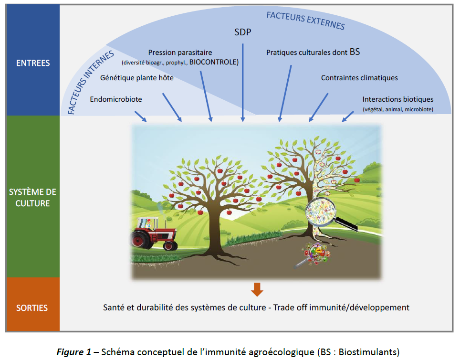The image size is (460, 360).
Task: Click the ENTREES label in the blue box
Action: [x=32, y=63]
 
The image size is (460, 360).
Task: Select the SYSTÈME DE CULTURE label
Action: [x=32, y=197]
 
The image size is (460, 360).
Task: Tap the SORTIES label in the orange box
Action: [x=32, y=308]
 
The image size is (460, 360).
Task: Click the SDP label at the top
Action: [x=242, y=32]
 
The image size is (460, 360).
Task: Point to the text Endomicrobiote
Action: [x=116, y=99]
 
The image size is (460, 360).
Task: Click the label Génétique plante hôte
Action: [x=136, y=78]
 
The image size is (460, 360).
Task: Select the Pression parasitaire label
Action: [x=180, y=53]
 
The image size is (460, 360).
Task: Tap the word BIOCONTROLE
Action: [x=213, y=63]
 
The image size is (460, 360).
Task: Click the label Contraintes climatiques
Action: [x=359, y=78]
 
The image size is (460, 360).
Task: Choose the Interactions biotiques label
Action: [x=398, y=99]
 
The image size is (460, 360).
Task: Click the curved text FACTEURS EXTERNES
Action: [x=305, y=19]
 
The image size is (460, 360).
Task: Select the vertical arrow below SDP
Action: [x=242, y=81]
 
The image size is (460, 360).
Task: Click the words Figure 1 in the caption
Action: [x=73, y=352]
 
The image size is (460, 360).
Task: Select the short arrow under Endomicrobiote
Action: [x=141, y=116]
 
